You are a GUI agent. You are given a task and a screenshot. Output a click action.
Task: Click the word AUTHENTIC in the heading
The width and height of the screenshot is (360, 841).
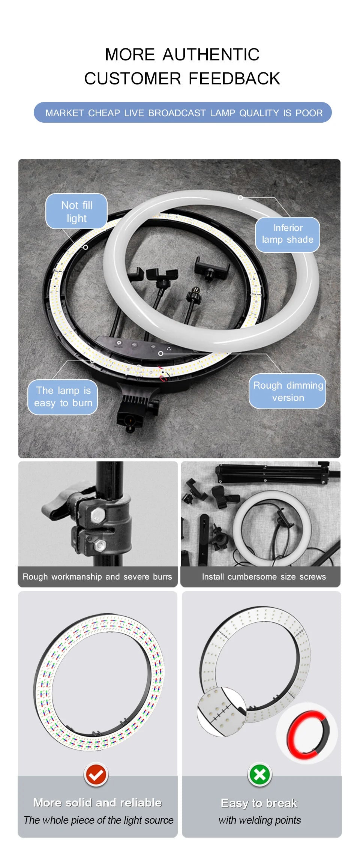click(211, 55)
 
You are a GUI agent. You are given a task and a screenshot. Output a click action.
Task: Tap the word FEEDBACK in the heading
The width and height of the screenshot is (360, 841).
click(234, 79)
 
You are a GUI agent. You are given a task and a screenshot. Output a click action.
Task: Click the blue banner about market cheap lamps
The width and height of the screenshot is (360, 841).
click(183, 113)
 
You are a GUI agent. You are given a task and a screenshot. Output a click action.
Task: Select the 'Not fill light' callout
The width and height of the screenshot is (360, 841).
click(76, 212)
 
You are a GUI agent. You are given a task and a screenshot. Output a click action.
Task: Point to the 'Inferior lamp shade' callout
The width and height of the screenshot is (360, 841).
click(288, 234)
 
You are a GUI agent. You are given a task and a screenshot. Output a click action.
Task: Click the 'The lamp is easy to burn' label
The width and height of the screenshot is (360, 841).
click(63, 397)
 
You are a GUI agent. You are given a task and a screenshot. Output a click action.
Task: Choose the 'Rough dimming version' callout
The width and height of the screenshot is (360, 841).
click(288, 391)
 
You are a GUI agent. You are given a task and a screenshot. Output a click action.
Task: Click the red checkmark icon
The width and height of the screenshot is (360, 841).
click(96, 774)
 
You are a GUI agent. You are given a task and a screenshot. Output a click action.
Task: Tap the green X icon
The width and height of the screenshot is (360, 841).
click(259, 774)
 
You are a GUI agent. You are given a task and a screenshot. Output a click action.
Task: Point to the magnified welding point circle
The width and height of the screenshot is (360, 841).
click(221, 711)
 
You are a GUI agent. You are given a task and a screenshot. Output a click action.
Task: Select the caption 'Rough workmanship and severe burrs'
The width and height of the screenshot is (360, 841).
click(97, 577)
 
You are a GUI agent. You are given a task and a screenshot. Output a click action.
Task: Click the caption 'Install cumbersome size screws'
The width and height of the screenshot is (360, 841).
click(264, 577)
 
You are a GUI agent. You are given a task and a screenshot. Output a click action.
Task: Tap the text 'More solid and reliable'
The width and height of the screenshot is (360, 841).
click(97, 803)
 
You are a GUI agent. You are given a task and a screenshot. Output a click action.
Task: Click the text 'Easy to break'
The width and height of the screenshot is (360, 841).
click(259, 803)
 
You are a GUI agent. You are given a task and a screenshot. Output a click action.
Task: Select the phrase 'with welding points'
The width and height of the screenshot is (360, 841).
click(259, 820)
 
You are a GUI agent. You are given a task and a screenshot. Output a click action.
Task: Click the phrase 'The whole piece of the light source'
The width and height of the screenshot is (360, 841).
click(98, 820)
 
